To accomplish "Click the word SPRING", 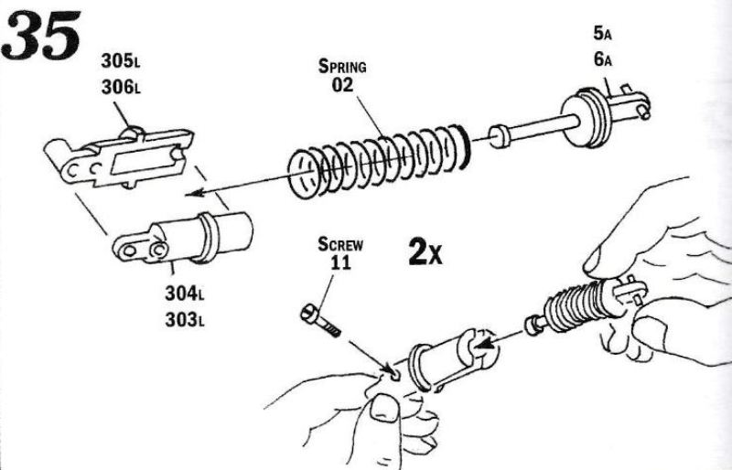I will pos(343,67).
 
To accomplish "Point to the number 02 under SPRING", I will pos(342,86).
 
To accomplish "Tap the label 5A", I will pos(602,35).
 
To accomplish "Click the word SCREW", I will pos(341,244).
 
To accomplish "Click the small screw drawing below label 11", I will pos(319,320).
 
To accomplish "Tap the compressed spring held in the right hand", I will pos(571,309).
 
